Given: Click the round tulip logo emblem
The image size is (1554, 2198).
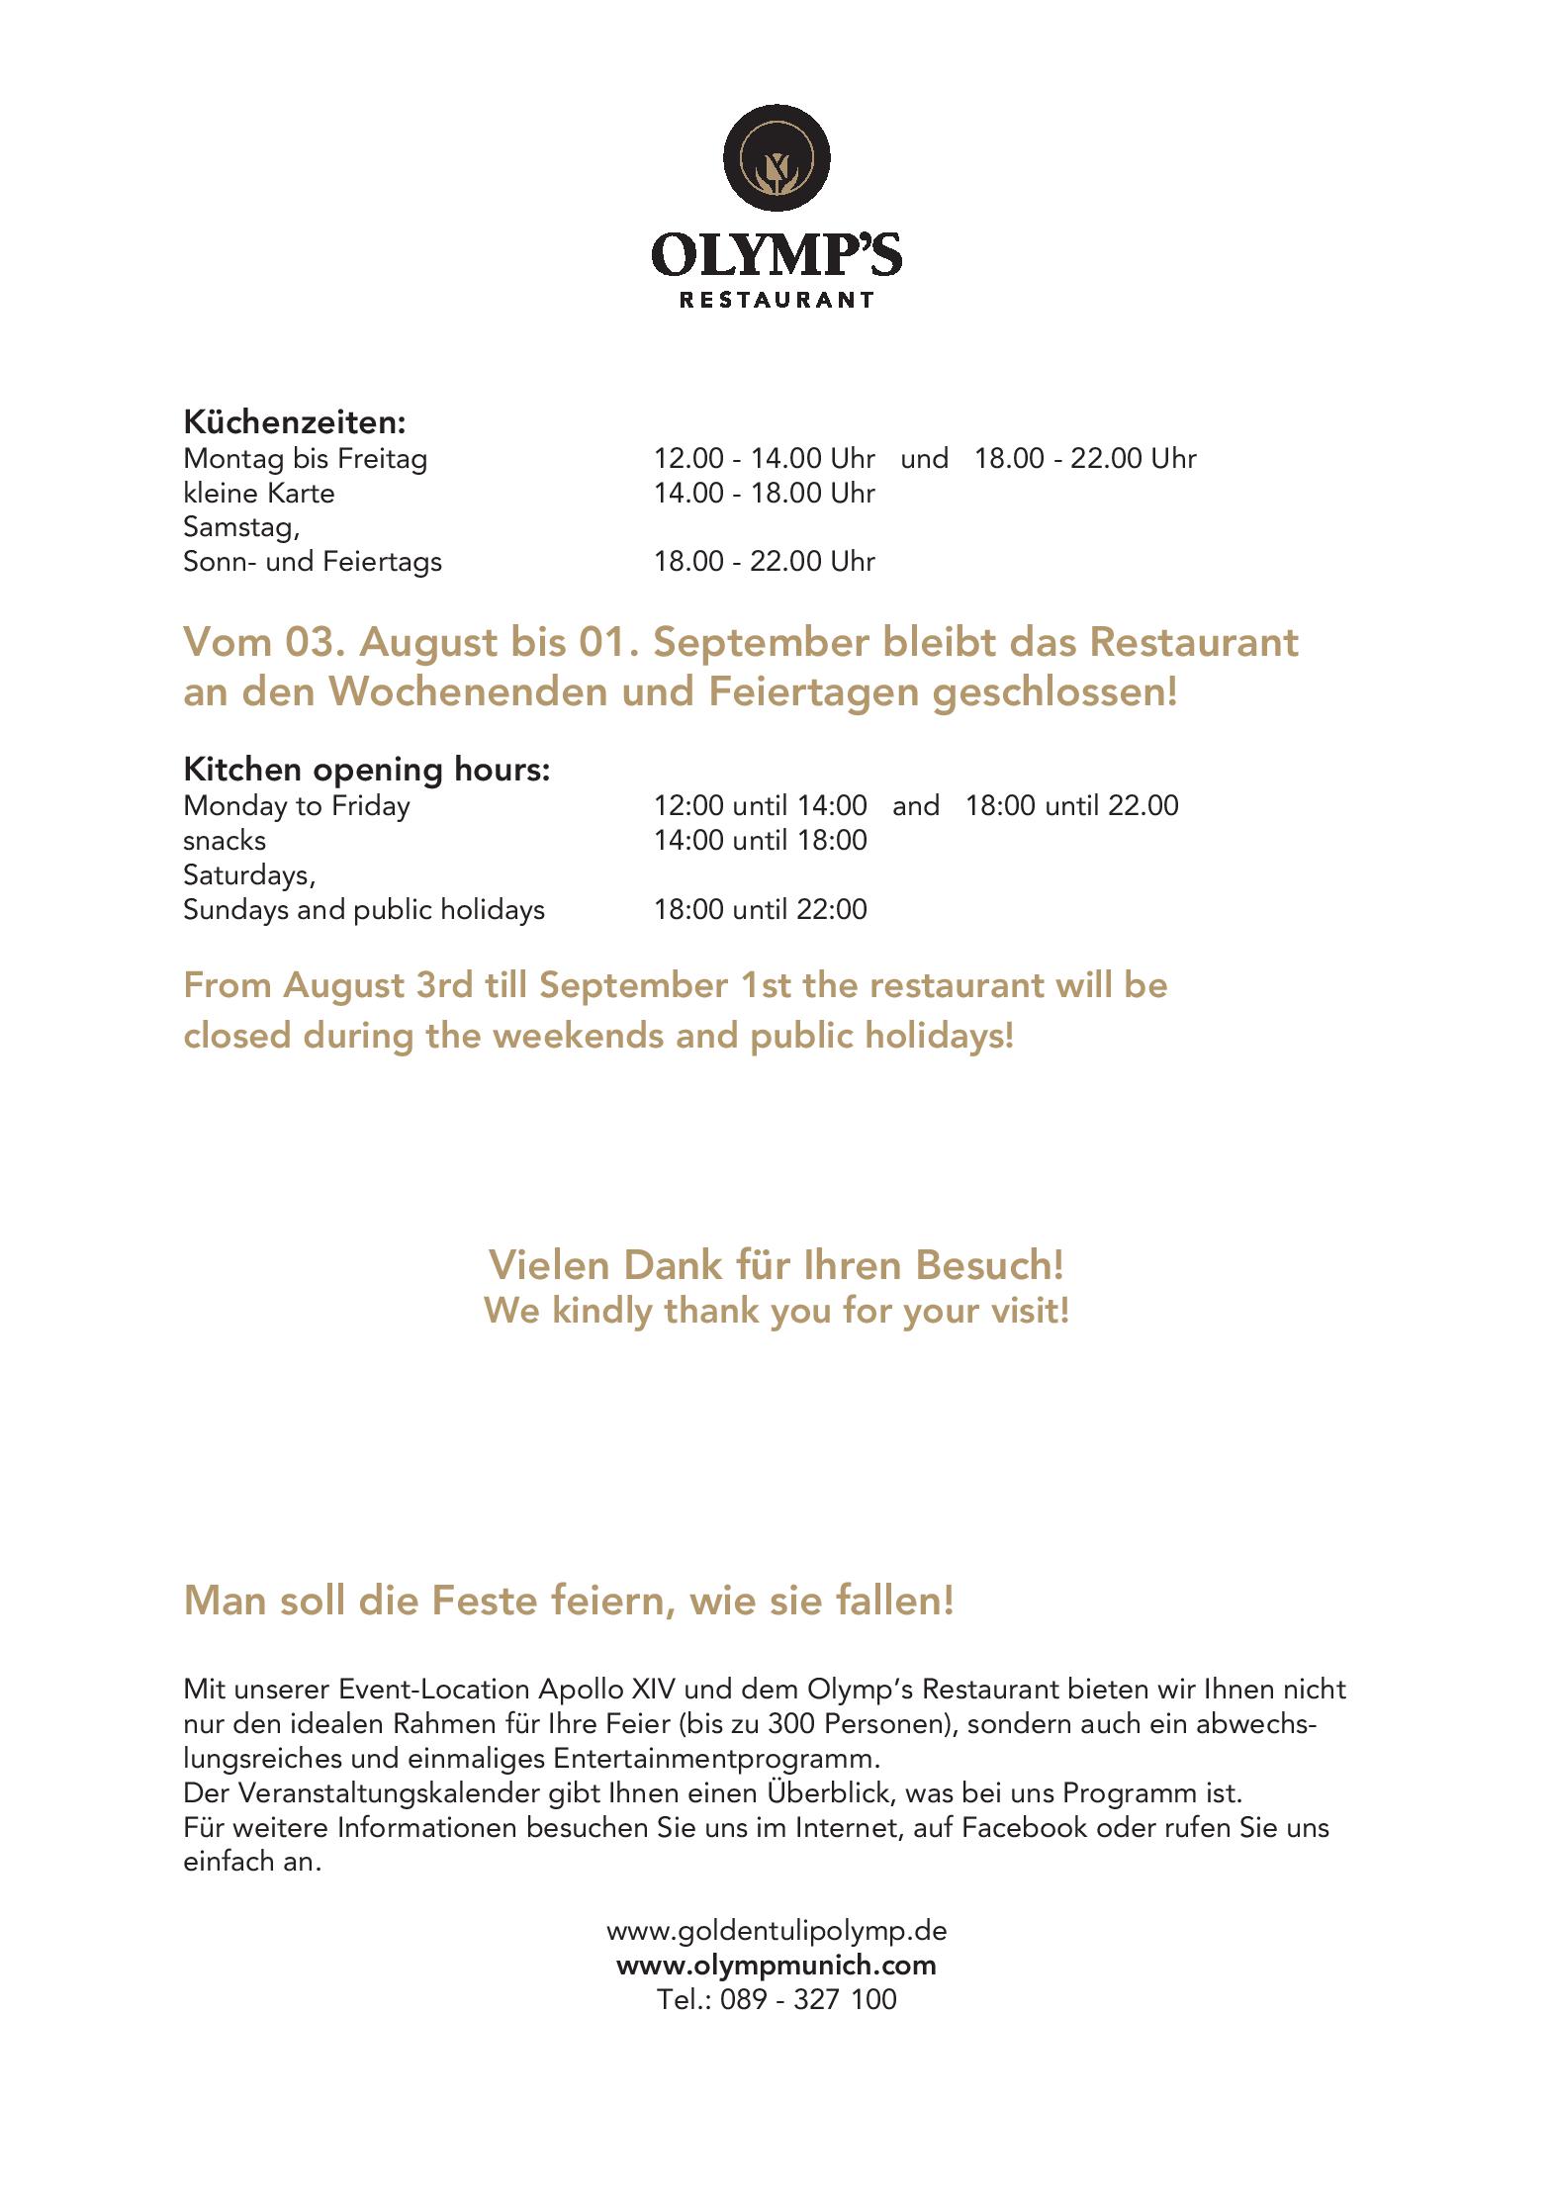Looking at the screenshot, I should point(777,158).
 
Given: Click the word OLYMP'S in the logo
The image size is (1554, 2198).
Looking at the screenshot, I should point(777,255).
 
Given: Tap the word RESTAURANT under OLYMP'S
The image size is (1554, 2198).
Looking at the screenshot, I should point(777,299).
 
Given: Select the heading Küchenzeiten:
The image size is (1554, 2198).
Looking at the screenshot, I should point(295,422).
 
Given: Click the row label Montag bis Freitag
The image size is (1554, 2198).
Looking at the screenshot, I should point(305,459).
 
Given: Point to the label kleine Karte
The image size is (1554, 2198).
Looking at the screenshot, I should point(259,493).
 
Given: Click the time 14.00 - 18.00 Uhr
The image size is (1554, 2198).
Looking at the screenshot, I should point(764,493).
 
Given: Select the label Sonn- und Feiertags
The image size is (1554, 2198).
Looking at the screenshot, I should point(313,562).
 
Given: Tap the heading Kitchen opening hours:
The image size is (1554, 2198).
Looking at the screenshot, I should point(366,770).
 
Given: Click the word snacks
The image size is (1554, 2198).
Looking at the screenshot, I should point(225,841).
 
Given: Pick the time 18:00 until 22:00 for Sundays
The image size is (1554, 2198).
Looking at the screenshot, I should point(760,910).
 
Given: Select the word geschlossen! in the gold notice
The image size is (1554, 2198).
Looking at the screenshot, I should point(1054,692).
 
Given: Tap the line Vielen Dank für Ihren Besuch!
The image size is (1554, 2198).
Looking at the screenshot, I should point(777,1265).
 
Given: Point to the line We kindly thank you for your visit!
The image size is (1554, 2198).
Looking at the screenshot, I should point(777,1312).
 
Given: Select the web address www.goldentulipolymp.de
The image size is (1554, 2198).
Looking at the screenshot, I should point(777,1930).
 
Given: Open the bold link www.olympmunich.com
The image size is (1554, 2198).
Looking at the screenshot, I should point(777,1965).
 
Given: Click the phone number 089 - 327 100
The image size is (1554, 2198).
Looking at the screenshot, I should point(808,1999).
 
